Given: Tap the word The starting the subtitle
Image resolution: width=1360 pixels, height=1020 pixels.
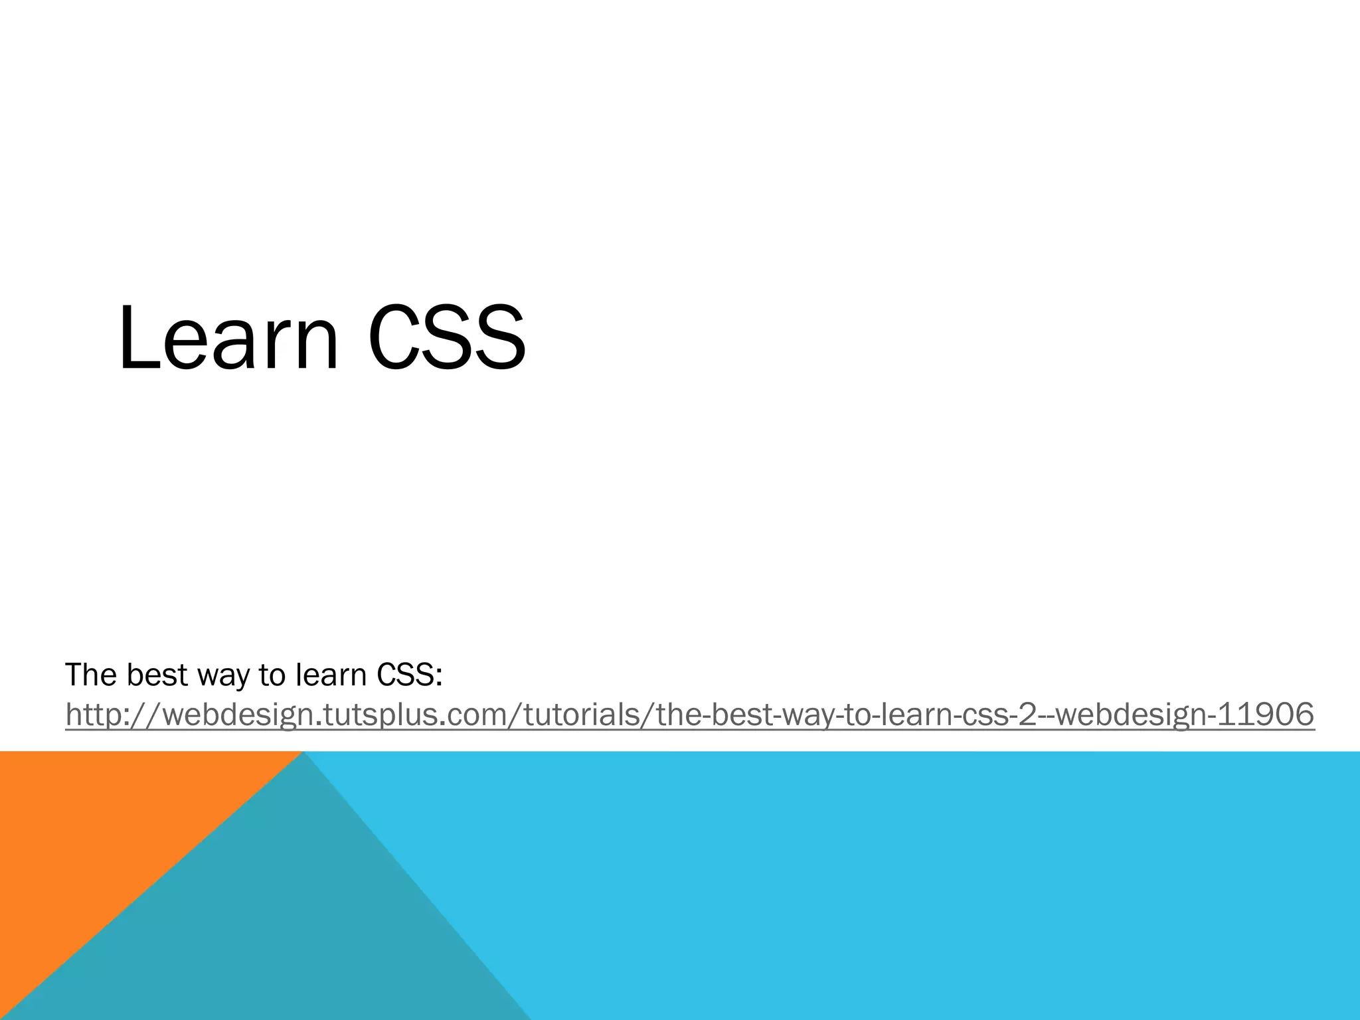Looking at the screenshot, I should pyautogui.click(x=91, y=675).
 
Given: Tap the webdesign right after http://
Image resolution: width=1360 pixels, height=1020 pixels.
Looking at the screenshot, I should pyautogui.click(x=228, y=715).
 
